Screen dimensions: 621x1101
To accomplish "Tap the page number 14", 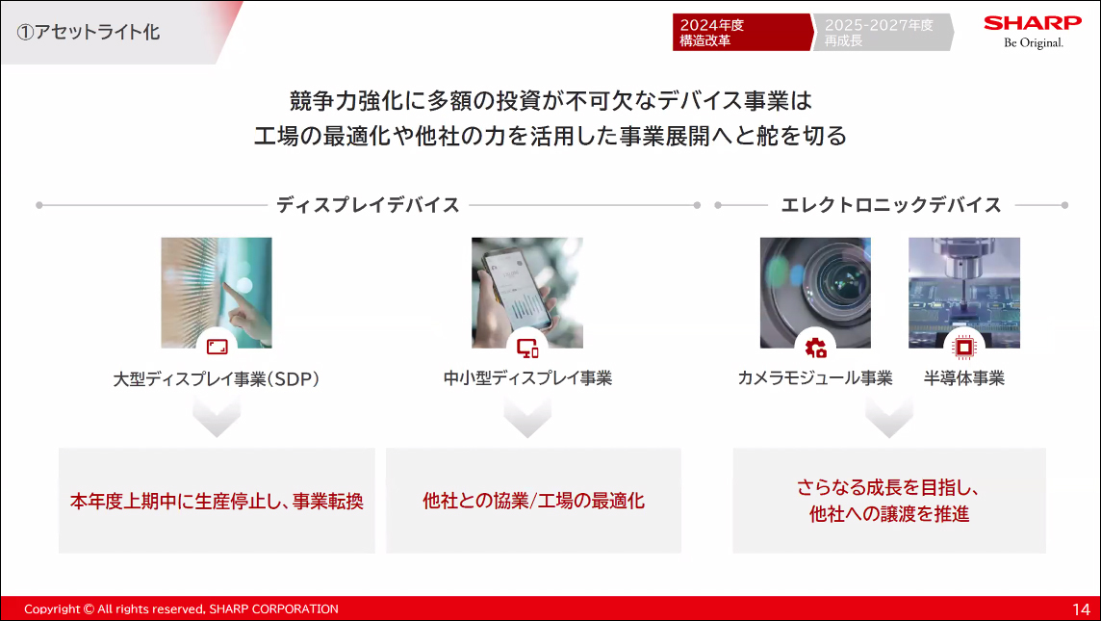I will tap(1081, 609).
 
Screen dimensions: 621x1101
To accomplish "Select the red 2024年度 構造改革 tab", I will tap(739, 33).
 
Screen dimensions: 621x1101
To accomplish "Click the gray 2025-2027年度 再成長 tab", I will tap(880, 33).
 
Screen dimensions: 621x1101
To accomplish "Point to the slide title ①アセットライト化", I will tap(90, 32).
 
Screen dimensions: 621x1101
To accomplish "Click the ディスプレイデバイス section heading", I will tap(368, 205).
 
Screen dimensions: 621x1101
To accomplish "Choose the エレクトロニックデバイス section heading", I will tap(891, 205).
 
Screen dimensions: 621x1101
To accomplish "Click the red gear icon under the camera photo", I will tap(816, 348).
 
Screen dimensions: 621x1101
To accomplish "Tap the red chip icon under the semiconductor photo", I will tap(963, 348).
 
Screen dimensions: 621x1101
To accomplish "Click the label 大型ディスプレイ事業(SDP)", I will tap(217, 379).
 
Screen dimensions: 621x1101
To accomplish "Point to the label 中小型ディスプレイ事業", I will tap(527, 378).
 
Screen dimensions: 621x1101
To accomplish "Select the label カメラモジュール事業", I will tap(815, 378).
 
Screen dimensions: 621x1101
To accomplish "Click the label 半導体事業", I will tap(964, 378).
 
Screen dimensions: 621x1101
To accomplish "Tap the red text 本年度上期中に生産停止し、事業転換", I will tap(217, 502).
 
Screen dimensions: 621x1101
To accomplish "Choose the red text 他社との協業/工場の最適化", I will tap(533, 501).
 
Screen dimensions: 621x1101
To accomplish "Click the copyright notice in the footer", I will tap(181, 609).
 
